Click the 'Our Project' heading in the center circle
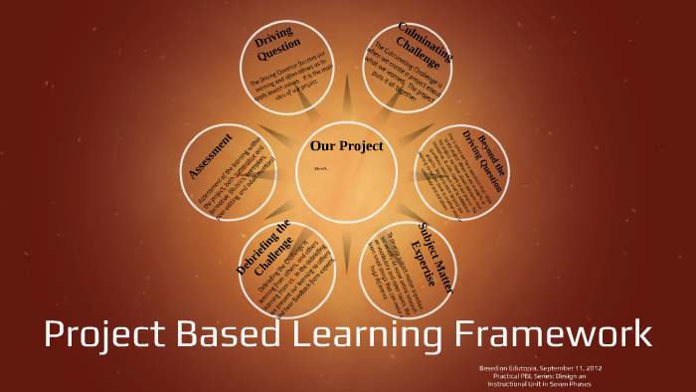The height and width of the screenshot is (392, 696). (346, 146)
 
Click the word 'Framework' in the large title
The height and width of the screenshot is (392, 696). (561, 333)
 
